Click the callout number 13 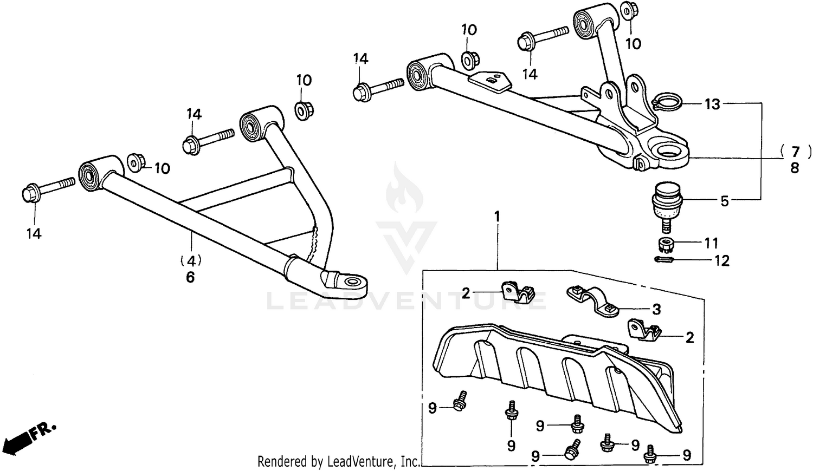tap(712, 104)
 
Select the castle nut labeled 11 tap(666, 244)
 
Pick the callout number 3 tap(656, 310)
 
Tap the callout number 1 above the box tap(496, 217)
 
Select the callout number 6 tap(190, 277)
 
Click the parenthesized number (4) tap(190, 260)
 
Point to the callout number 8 tap(795, 168)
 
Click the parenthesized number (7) tap(795, 151)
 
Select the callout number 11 tap(711, 244)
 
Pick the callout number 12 tap(722, 261)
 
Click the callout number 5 tap(725, 201)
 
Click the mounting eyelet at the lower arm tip tap(351, 282)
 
